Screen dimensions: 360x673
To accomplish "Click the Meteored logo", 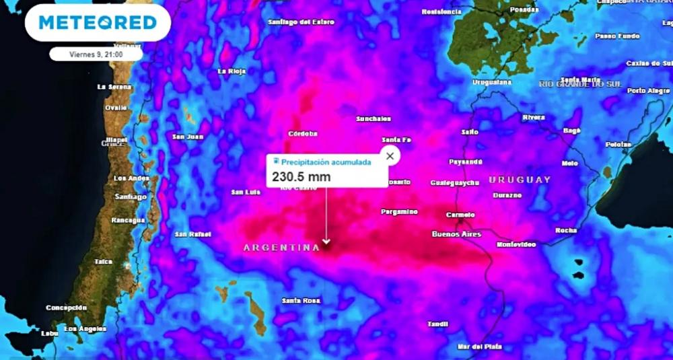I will [x=98, y=23].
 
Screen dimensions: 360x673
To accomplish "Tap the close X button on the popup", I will [x=390, y=156].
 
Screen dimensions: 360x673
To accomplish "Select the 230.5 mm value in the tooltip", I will [x=301, y=177].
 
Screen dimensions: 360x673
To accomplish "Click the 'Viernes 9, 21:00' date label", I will [x=96, y=53].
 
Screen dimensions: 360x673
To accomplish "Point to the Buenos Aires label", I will [x=456, y=234].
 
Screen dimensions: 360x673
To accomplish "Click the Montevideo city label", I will [x=516, y=244].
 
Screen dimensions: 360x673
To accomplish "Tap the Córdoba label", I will [x=303, y=133].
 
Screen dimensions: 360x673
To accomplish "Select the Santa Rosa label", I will [x=301, y=300].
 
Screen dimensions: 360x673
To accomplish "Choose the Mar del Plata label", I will [x=480, y=347].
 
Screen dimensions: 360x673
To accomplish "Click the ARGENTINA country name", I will [x=281, y=248].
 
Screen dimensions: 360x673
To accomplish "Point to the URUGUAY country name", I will [x=520, y=180].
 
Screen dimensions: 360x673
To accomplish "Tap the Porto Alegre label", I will [x=649, y=90].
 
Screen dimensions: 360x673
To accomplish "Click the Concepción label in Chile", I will [x=67, y=308].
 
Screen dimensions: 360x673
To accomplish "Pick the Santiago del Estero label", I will [x=301, y=22].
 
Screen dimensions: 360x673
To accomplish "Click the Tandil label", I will [x=437, y=324].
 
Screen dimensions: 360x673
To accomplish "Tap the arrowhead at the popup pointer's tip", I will [x=326, y=242].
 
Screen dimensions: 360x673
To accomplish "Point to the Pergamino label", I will [x=399, y=211].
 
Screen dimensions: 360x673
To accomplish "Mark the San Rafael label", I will [x=193, y=234].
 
